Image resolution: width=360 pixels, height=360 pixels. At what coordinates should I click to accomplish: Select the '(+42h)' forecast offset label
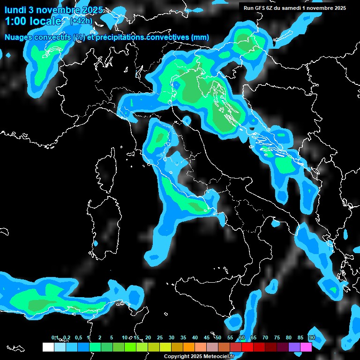click(81, 21)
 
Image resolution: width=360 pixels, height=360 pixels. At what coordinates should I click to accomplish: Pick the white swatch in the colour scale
click(48, 347)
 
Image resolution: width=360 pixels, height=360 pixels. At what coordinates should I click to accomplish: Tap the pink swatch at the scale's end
click(306, 347)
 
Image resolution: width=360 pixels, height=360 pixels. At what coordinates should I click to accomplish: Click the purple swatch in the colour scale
click(294, 347)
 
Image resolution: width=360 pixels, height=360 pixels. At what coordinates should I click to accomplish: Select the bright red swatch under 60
click(247, 347)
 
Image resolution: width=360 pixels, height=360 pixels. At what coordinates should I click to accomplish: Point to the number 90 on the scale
click(312, 337)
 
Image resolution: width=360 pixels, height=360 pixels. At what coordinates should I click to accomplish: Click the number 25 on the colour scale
click(160, 337)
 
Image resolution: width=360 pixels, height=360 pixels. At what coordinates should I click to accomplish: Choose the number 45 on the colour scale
click(207, 337)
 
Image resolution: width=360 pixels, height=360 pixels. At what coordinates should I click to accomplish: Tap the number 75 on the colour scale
click(277, 337)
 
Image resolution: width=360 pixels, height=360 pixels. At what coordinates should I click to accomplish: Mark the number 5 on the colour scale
click(112, 337)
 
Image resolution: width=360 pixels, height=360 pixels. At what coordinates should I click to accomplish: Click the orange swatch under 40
click(189, 347)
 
